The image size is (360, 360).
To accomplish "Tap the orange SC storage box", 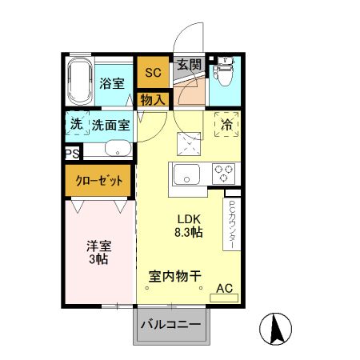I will point(152,73).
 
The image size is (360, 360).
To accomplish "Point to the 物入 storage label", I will point(152,100).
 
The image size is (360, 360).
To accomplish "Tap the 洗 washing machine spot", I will point(76,124).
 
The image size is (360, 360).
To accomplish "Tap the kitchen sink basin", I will point(186,173).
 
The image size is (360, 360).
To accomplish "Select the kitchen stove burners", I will point(222,173).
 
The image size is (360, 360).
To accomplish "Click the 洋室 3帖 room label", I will point(98,254).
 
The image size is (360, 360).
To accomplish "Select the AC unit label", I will point(224,289).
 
